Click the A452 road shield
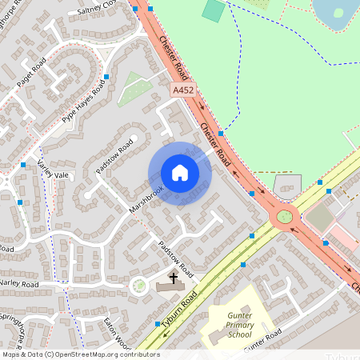click(183, 92)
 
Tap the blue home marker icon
click(180, 173)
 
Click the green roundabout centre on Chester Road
click(284, 217)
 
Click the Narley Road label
click(19, 283)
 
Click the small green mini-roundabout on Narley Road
click(139, 285)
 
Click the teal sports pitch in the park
click(214, 10)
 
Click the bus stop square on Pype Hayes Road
click(106, 77)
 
